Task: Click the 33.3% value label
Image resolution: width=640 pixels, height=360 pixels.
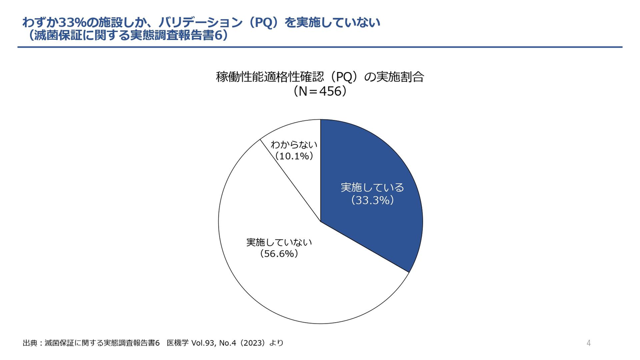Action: coord(372,200)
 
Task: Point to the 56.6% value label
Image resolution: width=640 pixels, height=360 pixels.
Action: coord(279,254)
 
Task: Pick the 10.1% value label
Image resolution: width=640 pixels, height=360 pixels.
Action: coord(294,156)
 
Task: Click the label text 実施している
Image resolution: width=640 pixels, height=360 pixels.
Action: coord(372,188)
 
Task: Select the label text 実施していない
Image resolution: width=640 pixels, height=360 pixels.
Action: coord(279,242)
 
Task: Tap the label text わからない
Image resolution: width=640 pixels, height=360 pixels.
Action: coord(294,144)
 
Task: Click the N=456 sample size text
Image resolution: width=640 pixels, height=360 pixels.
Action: coord(320,91)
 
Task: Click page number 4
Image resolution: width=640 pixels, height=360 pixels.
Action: coord(589,343)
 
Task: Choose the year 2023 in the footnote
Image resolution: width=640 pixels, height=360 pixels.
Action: coord(253,343)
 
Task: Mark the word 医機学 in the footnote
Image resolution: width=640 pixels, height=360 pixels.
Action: coord(178,343)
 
